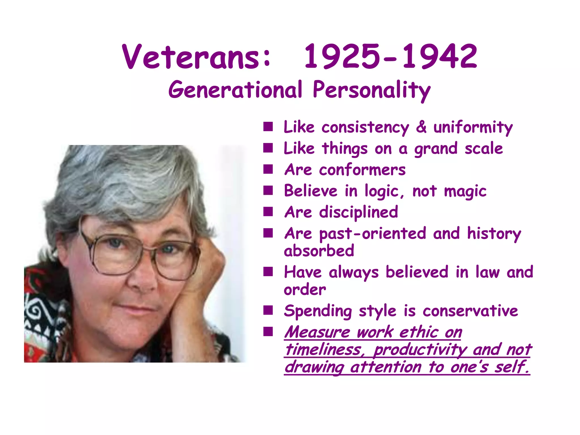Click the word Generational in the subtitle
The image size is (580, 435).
point(235,90)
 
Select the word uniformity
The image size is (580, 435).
point(473,127)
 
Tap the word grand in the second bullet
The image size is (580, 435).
point(436,149)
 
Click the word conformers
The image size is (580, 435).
point(362,170)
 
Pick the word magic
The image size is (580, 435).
point(465,191)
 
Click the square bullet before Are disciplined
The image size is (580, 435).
point(268,212)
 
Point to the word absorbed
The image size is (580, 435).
point(319,251)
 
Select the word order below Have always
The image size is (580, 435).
point(305,290)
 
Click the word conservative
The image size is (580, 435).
point(470,311)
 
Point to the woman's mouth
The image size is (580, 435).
point(143,309)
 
